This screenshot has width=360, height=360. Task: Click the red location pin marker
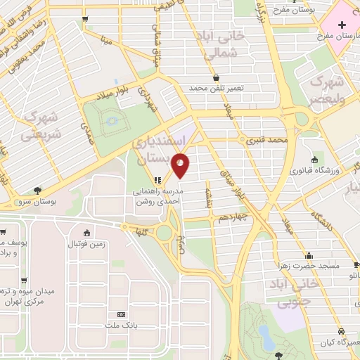181,166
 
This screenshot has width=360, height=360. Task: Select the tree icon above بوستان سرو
37,189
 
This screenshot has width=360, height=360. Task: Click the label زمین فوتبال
86,244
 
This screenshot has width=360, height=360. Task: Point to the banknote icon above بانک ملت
121,314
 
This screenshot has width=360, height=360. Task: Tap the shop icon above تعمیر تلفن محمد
214,77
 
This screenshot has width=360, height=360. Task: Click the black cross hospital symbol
340,330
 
